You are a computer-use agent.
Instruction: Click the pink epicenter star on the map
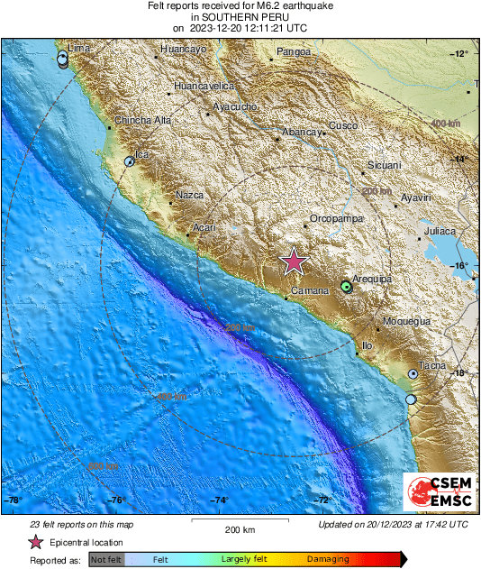(x=294, y=262)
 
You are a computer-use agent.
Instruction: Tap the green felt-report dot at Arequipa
(x=347, y=287)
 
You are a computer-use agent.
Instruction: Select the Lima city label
(x=79, y=47)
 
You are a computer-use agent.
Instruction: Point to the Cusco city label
(x=343, y=125)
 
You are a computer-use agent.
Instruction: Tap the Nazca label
(x=190, y=195)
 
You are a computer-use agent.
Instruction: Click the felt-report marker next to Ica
(x=130, y=162)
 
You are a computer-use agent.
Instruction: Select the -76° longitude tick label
(x=117, y=500)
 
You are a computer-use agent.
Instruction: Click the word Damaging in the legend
(x=328, y=559)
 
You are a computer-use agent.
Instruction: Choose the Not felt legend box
(x=106, y=560)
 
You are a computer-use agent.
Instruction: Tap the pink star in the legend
(x=36, y=543)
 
